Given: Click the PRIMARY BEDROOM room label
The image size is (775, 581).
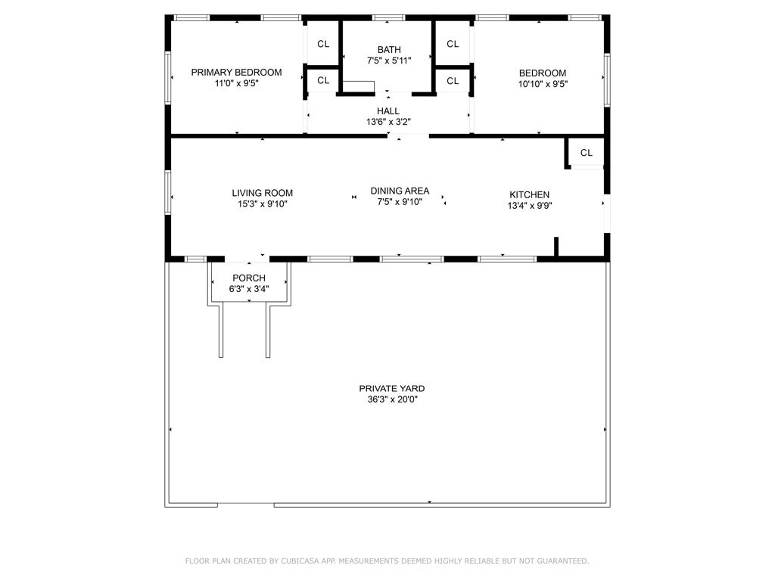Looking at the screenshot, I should (236, 73).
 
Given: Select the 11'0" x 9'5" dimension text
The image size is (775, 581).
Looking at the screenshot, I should (236, 84).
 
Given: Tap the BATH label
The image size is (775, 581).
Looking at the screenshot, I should (389, 50).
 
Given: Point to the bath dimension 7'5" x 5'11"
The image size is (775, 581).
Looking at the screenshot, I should (389, 61).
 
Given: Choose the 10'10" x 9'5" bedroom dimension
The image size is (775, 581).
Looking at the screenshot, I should (542, 84).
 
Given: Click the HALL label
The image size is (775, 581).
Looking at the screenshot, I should (388, 111).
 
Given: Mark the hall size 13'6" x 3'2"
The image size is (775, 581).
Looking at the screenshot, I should (388, 122).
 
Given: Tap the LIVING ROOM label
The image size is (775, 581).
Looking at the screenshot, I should (262, 193).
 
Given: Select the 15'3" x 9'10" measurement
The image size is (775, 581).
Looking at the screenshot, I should (262, 204).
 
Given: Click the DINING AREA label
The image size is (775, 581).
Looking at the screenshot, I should (400, 191).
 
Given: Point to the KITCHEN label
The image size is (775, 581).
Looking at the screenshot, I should (529, 194).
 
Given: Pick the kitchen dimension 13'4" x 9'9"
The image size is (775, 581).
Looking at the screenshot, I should (529, 205).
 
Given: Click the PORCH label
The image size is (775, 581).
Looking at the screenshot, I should (249, 278).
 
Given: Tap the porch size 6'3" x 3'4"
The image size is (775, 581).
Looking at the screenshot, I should (249, 289).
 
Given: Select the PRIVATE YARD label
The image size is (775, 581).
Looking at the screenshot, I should (391, 388).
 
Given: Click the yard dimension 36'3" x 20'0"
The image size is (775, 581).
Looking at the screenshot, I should (391, 399).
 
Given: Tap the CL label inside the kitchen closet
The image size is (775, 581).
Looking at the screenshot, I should (587, 153).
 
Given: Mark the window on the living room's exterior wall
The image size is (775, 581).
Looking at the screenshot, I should (168, 193).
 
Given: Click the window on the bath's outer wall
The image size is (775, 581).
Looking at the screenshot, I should (388, 17).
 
